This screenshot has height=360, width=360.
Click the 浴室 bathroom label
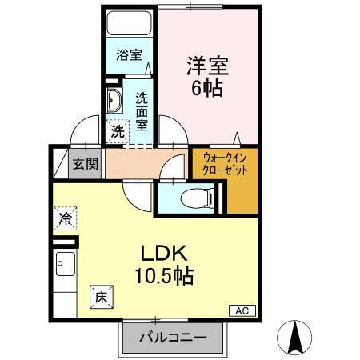click(x=129, y=55)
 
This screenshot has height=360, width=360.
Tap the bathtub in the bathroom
click(x=129, y=24)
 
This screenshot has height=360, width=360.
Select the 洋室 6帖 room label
click(x=206, y=74)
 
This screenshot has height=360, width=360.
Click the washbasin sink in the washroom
click(x=115, y=102)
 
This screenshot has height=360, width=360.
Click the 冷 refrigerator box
click(x=66, y=216)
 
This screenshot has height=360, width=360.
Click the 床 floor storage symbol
click(x=101, y=295)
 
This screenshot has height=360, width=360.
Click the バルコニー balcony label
click(x=170, y=338)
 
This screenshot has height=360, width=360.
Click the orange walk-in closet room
click(x=241, y=188)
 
